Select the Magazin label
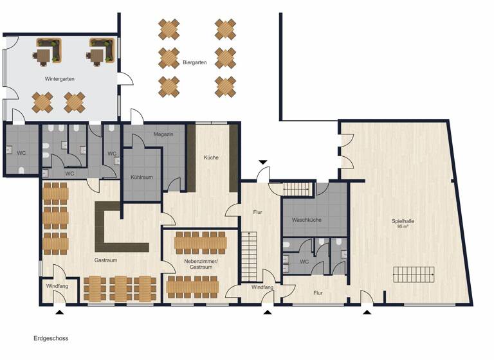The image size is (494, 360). pos(165,134)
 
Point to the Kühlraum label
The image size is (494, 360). pos(141,176)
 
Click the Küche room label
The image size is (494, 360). pos(212,157)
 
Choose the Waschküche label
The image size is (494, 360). pos(306,221)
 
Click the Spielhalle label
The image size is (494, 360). pos(403,221)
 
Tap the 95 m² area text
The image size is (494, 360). pos(403,228)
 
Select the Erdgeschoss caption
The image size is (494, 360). pos(51,337)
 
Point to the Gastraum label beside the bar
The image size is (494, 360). pos(105,260)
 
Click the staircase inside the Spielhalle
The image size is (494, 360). pos(414,275)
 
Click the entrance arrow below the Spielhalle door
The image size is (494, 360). pos(367,312)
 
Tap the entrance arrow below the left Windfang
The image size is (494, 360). pos(60,312)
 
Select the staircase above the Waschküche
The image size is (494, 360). pos(297,189)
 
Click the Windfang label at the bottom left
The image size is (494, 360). pos(57,285)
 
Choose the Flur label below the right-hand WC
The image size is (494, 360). pos(318,292)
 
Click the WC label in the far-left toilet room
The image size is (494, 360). pos(21,153)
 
